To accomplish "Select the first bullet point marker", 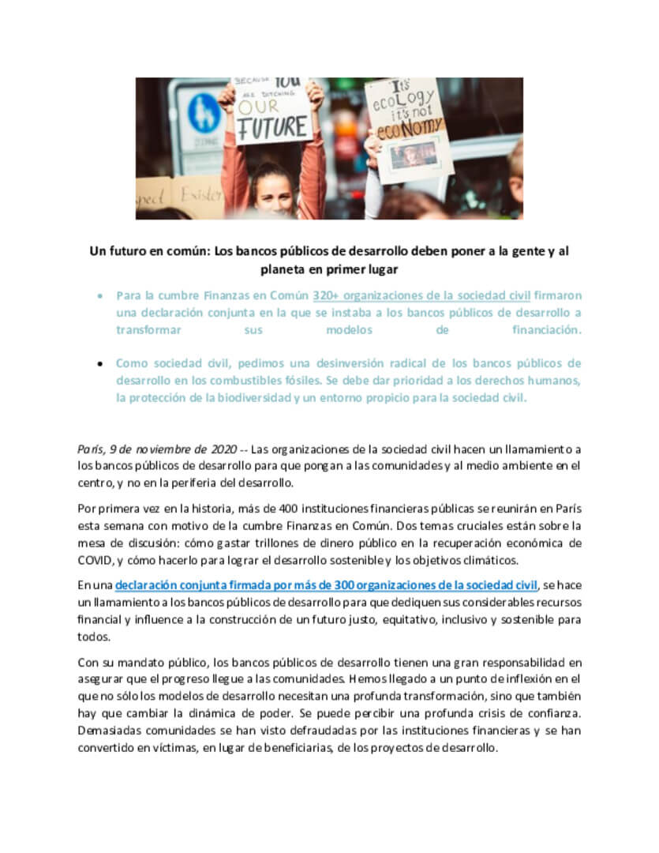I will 98,297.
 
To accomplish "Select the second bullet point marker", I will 98,364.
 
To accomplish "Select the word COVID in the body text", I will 97,561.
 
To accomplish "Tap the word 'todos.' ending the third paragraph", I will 94,637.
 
